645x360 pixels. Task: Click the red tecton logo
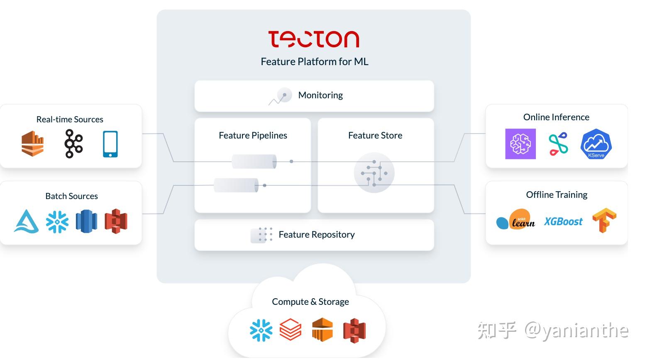tap(314, 39)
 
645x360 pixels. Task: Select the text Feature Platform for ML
tap(315, 61)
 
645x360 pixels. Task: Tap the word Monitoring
tap(320, 95)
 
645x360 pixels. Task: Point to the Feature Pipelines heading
tap(253, 135)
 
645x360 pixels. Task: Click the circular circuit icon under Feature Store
tap(374, 173)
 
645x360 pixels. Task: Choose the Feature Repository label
tap(316, 234)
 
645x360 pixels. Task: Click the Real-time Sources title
tap(70, 119)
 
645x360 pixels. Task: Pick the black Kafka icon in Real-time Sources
tap(73, 144)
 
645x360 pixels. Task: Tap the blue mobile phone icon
tap(110, 144)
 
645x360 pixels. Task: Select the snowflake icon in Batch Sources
tap(57, 221)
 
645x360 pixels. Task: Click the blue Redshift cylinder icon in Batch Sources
tap(86, 221)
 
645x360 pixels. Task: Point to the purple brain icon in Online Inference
tap(520, 144)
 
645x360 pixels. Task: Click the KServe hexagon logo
tap(596, 144)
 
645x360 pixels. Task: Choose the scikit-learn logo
tap(516, 219)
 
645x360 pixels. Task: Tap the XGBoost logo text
tap(563, 221)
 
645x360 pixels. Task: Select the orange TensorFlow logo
tap(604, 220)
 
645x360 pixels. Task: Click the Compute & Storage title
tap(310, 302)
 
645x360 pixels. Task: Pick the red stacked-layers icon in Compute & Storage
tap(290, 329)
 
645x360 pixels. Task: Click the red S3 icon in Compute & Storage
tap(354, 331)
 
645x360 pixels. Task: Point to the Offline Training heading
tap(557, 195)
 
